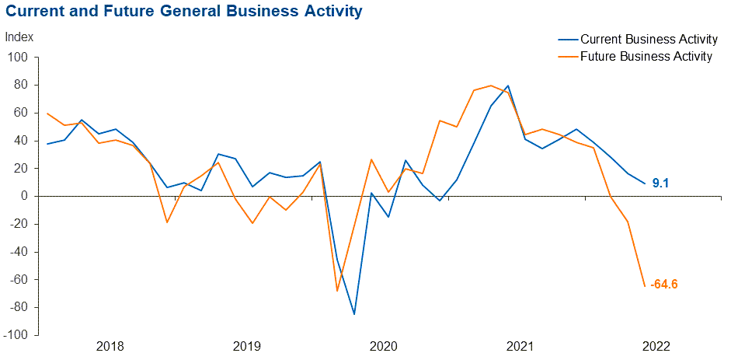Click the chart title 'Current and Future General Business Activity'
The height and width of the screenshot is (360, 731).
tap(183, 12)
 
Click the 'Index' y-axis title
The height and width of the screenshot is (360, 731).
tap(19, 37)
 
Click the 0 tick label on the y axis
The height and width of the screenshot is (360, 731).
tap(24, 196)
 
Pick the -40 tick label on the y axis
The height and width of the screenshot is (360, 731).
tap(18, 252)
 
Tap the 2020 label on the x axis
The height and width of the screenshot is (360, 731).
tap(383, 346)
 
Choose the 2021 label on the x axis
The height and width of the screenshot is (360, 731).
tap(520, 346)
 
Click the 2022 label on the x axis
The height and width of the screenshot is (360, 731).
tap(657, 346)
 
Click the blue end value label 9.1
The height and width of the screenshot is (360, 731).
tap(661, 183)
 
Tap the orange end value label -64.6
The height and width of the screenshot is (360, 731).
tap(664, 284)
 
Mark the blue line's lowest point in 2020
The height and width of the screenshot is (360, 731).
tap(354, 314)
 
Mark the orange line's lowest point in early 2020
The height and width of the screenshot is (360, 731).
tap(337, 291)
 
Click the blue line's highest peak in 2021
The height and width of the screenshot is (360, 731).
tap(508, 86)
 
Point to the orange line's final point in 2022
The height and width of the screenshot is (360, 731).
tap(645, 285)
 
